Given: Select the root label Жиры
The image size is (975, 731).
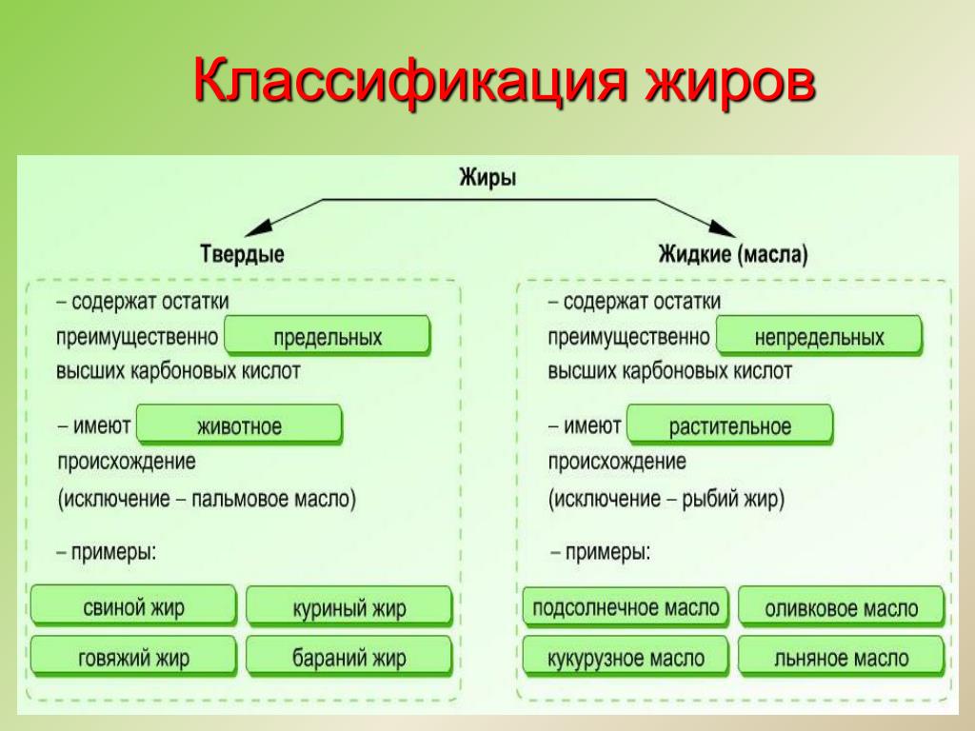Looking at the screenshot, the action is click(487, 178).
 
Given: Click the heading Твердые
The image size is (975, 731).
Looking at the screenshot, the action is click(243, 253).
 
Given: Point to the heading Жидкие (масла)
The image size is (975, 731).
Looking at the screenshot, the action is click(733, 253).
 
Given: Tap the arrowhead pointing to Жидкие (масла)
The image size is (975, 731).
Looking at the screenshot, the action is click(722, 227).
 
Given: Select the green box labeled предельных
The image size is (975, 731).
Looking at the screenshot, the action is click(328, 336).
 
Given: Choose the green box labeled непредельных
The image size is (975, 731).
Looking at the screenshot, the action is click(819, 336).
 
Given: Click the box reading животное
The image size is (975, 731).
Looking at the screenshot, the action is click(239, 425).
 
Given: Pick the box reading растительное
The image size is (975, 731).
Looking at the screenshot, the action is click(730, 425).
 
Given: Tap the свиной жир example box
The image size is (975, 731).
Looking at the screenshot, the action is click(133, 606).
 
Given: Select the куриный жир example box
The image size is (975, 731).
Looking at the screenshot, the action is click(349, 606).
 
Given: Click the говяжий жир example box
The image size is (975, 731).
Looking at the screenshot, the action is click(133, 657).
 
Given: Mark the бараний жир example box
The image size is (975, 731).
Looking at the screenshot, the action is click(349, 657).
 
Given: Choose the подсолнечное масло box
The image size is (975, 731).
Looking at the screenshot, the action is click(626, 606).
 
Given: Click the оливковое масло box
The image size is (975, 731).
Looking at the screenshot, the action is click(842, 606).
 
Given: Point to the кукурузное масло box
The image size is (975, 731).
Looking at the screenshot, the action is click(626, 657).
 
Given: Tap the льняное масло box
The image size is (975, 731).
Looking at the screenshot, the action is click(842, 657).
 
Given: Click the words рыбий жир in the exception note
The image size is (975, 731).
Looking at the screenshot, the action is click(730, 499).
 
